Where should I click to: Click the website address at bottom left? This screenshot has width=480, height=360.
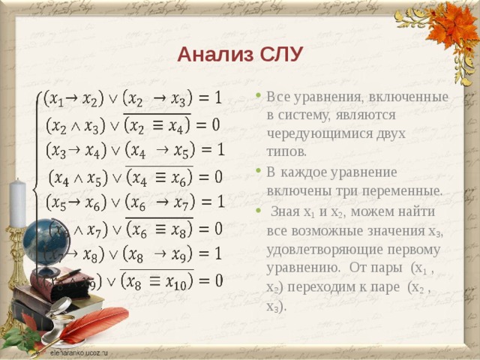click(x=79, y=351)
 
